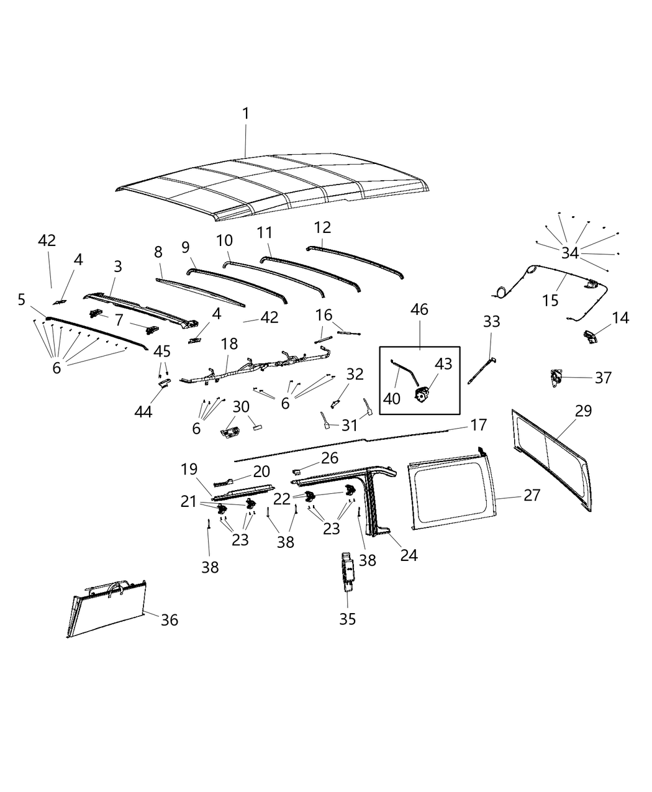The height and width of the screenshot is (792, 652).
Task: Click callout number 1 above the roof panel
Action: [x=245, y=114]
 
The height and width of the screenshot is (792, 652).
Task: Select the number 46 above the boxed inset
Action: [x=419, y=309]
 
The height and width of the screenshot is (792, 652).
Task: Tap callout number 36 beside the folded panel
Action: [x=170, y=620]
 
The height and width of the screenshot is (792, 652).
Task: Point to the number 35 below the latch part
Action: [x=348, y=619]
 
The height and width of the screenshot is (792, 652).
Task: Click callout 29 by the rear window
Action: [x=583, y=411]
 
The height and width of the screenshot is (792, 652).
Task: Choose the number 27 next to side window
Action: [x=532, y=495]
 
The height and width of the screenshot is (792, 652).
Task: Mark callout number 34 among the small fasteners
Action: [x=570, y=253]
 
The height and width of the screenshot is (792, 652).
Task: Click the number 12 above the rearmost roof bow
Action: [x=323, y=227]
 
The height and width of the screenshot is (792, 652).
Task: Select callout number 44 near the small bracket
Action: [x=143, y=411]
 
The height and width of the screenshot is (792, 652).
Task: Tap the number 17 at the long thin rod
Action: [x=479, y=426]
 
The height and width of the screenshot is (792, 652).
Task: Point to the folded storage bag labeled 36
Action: [x=109, y=609]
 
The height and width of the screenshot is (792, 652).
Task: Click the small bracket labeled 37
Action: [x=555, y=377]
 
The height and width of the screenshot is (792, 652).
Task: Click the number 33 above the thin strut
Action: [x=491, y=322]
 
